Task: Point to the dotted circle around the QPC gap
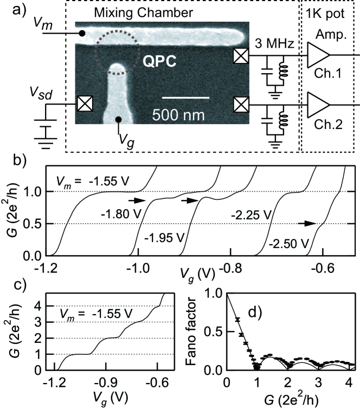pyautogui.click(x=114, y=54)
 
